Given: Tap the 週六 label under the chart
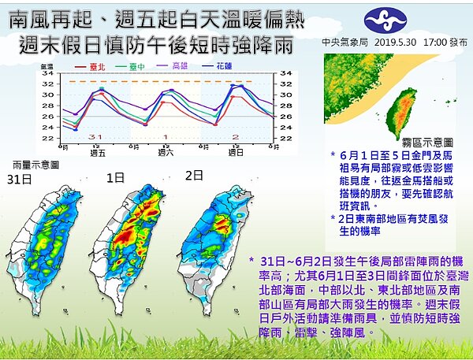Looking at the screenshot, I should coord(166,154).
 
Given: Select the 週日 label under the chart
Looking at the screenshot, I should coord(236,154).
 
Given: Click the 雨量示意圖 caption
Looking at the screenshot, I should coord(35,165).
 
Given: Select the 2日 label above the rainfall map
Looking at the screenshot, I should coord(194,174).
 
